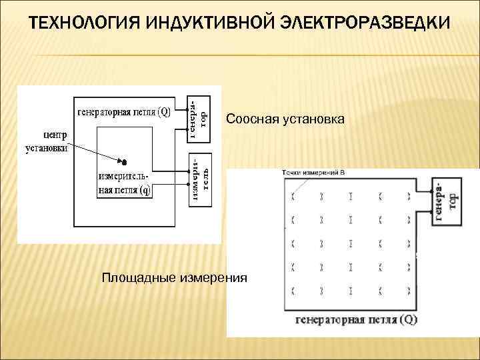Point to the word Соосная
[x=251, y=119]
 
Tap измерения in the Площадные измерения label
[x=214, y=277]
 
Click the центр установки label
[x=46, y=141]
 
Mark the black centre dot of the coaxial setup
[x=124, y=161]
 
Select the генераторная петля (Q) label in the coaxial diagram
[x=124, y=112]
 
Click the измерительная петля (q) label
[x=125, y=184]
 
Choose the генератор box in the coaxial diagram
[x=198, y=118]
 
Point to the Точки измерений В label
[x=313, y=173]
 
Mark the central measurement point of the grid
[x=350, y=242]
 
